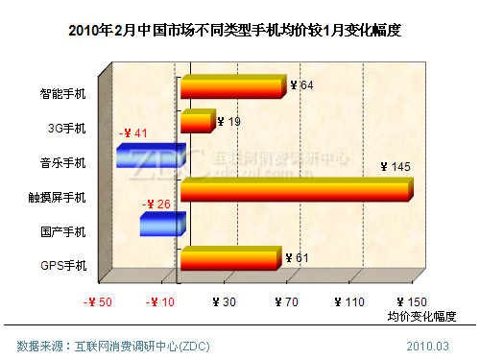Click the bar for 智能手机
(232, 87)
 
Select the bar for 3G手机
(195, 122)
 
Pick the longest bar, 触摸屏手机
(296, 190)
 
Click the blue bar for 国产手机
(158, 225)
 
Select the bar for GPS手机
(230, 259)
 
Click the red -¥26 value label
(156, 204)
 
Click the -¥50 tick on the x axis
(98, 301)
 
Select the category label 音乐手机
(63, 162)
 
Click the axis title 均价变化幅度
(421, 316)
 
